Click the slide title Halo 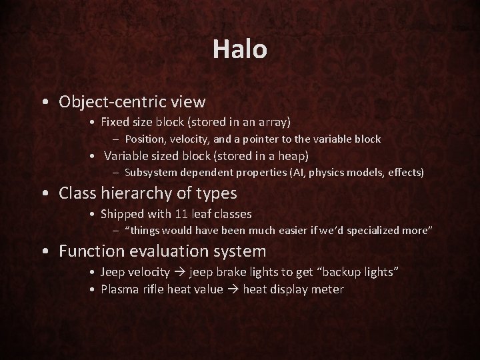(x=240, y=49)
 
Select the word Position (x=144, y=139)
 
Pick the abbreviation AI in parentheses (x=299, y=173)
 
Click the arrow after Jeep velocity (x=179, y=272)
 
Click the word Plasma (x=118, y=289)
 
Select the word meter (x=329, y=289)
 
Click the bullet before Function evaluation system (x=44, y=252)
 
